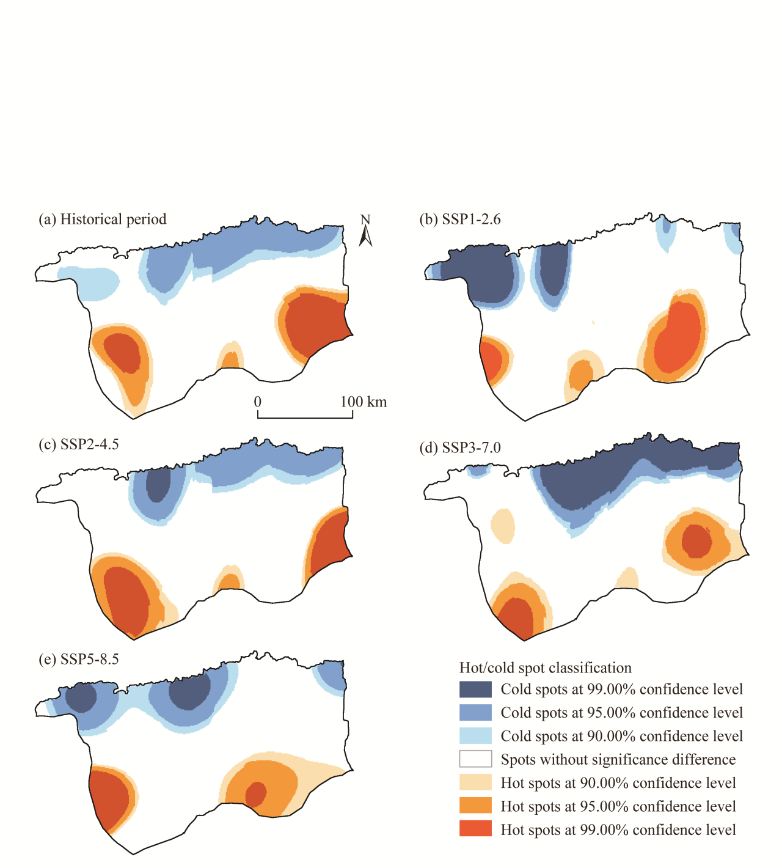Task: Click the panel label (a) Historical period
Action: tap(103, 219)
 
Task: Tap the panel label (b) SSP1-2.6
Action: tap(460, 219)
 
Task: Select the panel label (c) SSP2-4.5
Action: tap(79, 444)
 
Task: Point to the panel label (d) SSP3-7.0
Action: tap(460, 448)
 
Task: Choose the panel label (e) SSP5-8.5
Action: tap(79, 660)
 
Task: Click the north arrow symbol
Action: tap(365, 232)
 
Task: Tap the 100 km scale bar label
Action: tap(364, 402)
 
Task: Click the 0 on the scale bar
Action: tap(258, 402)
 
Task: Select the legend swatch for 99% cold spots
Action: tap(475, 690)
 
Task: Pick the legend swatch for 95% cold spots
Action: tap(475, 713)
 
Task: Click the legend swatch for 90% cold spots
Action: tap(475, 736)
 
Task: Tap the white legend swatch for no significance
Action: tap(475, 759)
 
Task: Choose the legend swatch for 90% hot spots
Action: tap(475, 782)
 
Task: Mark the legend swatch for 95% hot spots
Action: tap(475, 806)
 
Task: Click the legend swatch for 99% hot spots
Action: tap(475, 829)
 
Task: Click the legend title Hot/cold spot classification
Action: tap(546, 668)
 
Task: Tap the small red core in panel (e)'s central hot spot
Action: tap(255, 794)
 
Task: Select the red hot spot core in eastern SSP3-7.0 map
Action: tap(696, 541)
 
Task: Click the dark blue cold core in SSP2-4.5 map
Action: tap(159, 485)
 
